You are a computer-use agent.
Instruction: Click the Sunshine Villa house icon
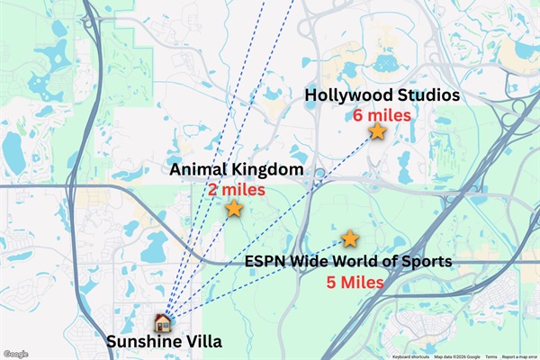point(163,321)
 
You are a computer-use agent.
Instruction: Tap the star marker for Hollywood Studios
point(378,131)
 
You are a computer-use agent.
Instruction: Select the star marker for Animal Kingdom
point(234,209)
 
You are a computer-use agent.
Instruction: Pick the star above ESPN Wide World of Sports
point(350,238)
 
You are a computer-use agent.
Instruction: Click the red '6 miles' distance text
point(382,115)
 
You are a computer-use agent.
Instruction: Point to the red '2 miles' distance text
point(236,190)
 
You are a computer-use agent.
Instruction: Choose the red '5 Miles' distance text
point(355,282)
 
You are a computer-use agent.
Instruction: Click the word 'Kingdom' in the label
point(267,170)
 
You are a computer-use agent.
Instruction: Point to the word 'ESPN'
point(265,262)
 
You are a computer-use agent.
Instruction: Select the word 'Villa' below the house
point(202,342)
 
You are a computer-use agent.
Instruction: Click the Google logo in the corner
point(15,354)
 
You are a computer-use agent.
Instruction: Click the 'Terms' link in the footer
point(490,355)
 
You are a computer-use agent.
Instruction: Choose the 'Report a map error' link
point(519,355)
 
